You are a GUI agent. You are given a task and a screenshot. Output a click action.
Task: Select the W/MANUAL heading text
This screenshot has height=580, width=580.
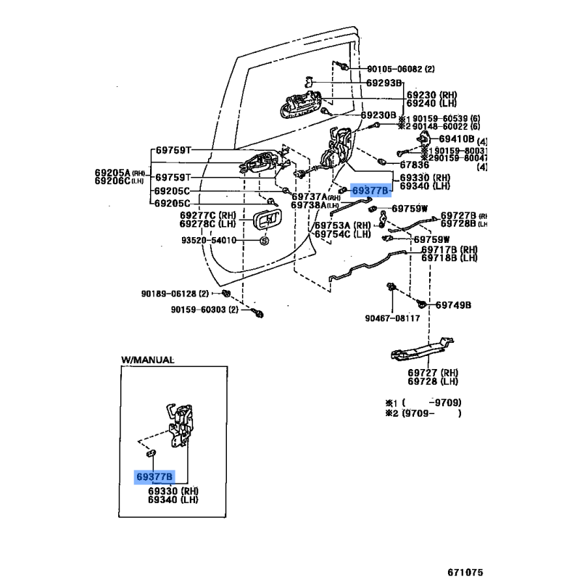point(148,360)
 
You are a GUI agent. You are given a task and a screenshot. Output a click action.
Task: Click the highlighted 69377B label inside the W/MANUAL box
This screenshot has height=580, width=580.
point(154,477)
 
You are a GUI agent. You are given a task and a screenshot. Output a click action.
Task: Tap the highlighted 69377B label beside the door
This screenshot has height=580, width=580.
point(370,191)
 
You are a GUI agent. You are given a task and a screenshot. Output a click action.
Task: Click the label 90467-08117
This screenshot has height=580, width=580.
point(392,318)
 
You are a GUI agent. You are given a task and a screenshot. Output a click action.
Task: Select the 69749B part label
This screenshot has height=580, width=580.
point(453,305)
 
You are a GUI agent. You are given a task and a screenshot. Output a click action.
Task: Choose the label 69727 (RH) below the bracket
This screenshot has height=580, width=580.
point(433,372)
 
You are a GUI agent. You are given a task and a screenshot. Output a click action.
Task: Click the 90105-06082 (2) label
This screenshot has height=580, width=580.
point(400,69)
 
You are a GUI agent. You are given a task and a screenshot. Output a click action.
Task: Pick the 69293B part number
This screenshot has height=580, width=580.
point(384,83)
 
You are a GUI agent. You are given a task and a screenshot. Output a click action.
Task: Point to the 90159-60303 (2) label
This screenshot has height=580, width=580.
point(205,310)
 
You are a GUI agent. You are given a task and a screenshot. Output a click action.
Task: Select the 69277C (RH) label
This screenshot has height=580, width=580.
point(208,215)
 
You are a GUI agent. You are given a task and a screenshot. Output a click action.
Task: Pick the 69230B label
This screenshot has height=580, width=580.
point(378,115)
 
